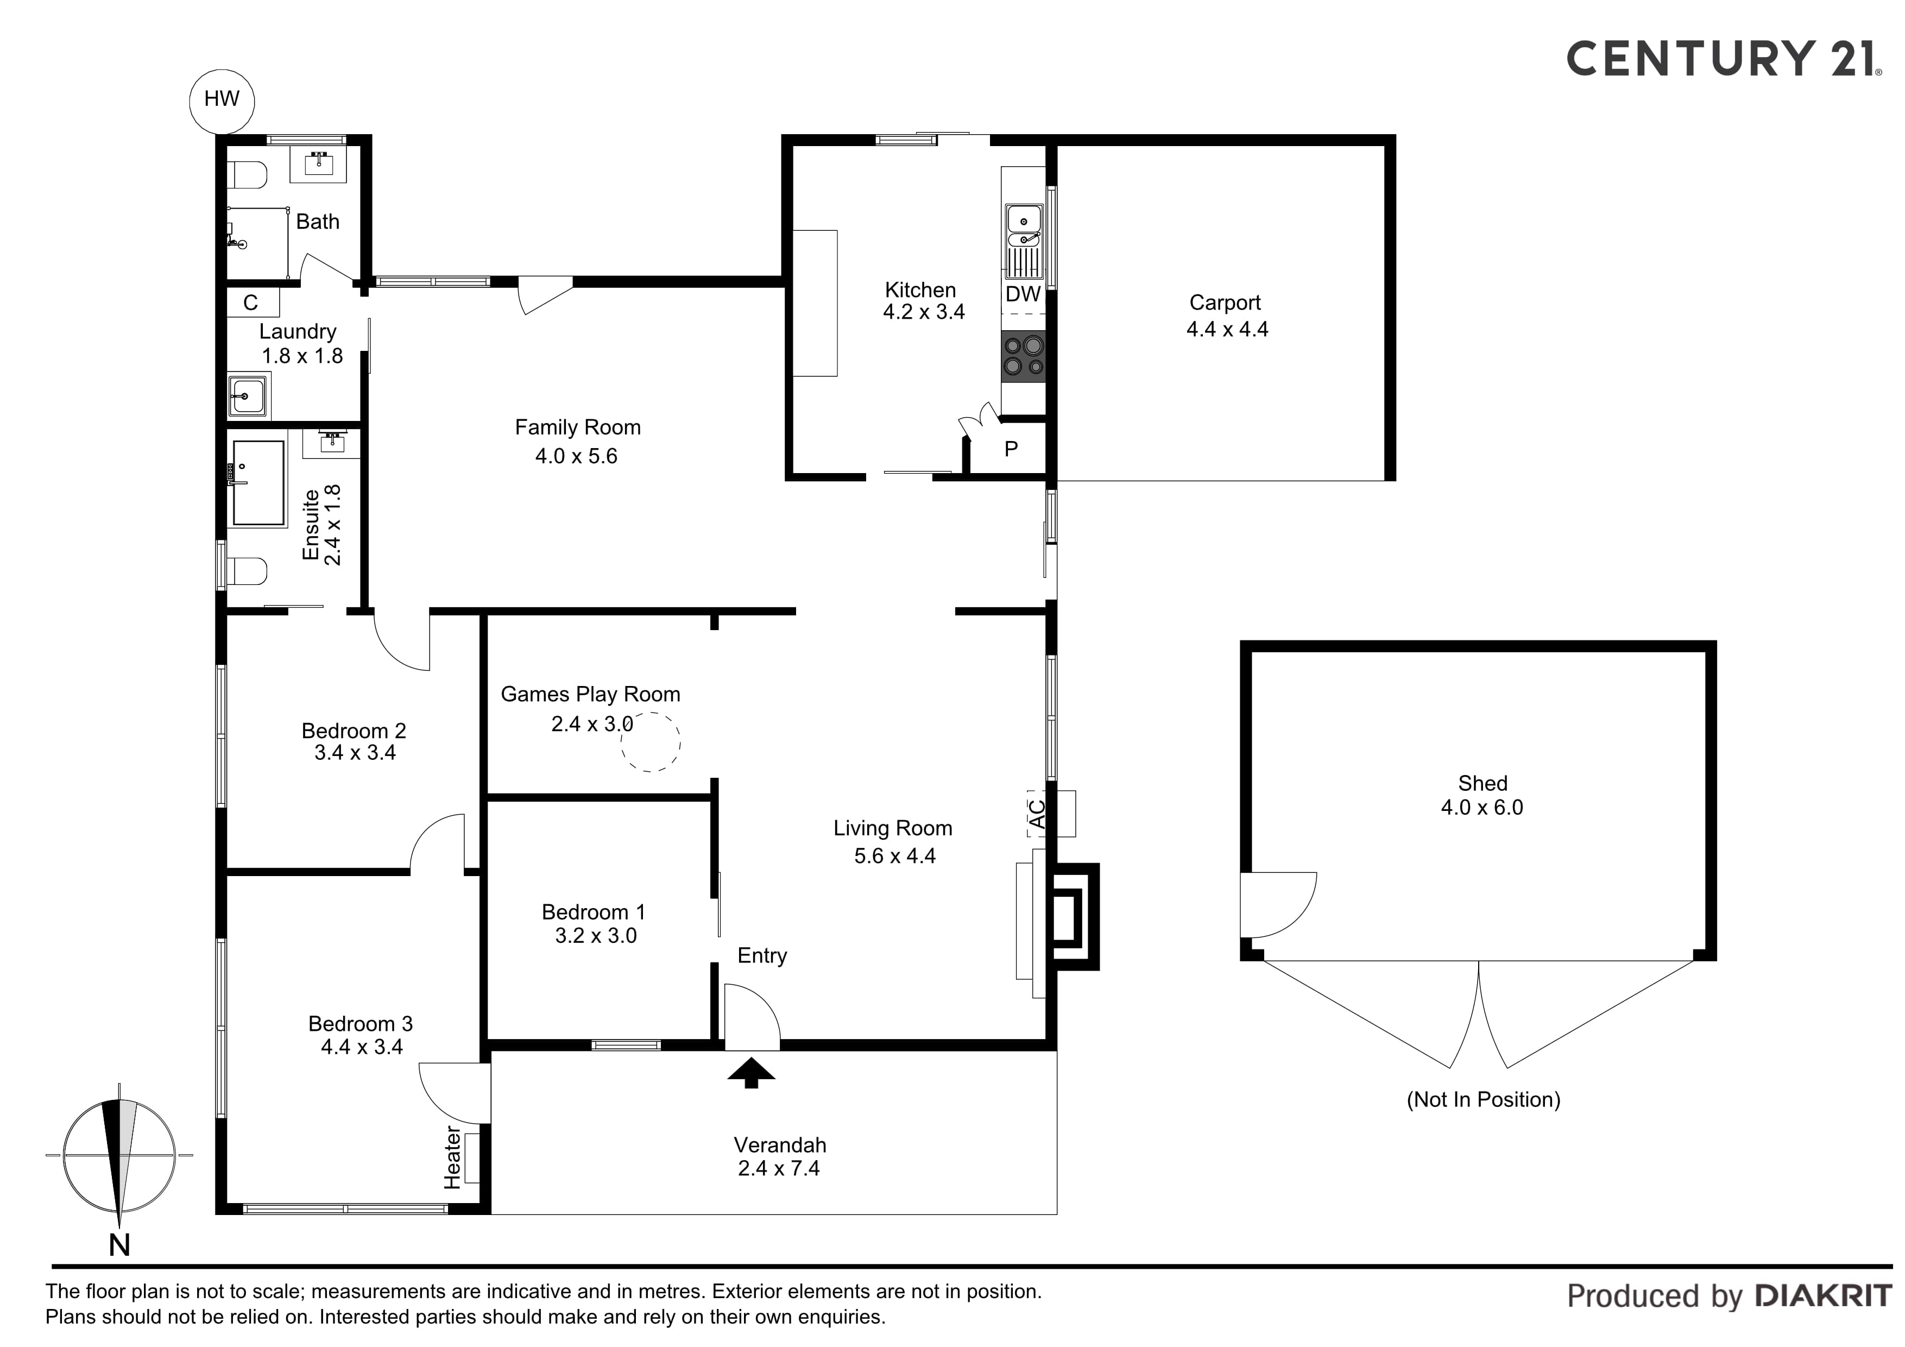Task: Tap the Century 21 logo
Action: [x=1721, y=59]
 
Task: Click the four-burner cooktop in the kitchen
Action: [x=1023, y=356]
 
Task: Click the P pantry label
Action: [x=1011, y=449]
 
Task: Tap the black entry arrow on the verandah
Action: [x=751, y=1072]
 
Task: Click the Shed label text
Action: [x=1483, y=783]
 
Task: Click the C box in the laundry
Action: [x=250, y=303]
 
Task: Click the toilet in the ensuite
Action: [x=247, y=571]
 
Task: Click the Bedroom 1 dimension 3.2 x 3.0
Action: [x=596, y=936]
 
